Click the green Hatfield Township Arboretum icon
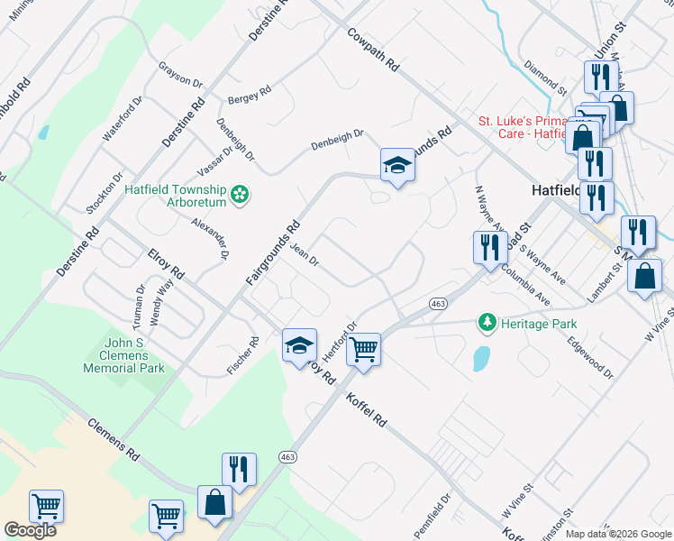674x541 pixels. coord(240,195)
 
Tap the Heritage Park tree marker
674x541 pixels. coord(487,322)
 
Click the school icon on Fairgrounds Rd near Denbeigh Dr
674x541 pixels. coord(396,165)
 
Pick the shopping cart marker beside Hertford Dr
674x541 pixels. coord(363,348)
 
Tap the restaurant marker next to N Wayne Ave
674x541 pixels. coord(489,246)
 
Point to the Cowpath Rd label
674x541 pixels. coord(373,50)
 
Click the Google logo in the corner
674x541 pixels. coord(30,529)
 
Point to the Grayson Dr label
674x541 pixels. coord(180,75)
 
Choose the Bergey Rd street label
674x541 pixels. coord(250,95)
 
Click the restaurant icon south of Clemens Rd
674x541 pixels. coord(239,469)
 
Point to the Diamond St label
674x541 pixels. coord(545,78)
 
